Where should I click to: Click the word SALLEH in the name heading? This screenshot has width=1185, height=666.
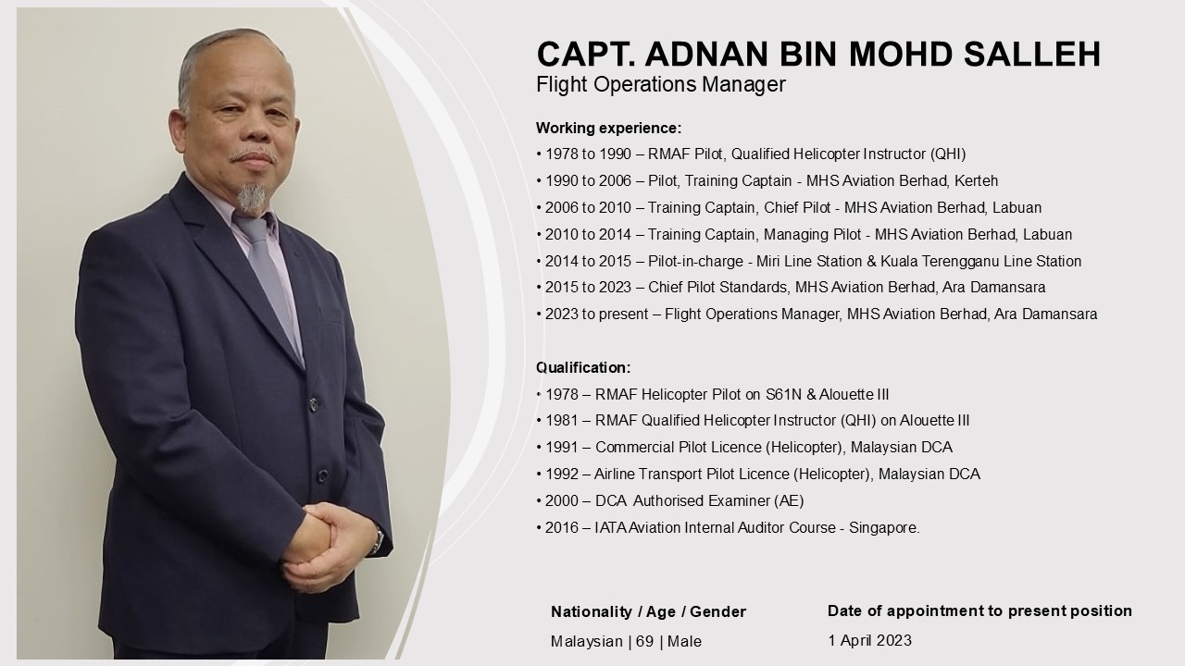1032,54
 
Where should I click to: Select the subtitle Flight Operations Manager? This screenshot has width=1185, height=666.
661,84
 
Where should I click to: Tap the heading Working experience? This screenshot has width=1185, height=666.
609,129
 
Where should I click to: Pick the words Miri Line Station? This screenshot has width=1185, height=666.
810,261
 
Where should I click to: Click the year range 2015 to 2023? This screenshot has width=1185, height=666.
588,288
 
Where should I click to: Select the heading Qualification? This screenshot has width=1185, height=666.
583,367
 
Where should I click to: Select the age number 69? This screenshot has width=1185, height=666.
645,642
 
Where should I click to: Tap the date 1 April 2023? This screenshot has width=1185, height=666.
869,641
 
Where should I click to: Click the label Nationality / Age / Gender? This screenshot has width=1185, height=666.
649,612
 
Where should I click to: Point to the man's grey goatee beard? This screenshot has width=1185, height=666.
251,198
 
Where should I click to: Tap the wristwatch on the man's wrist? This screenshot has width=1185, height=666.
377,539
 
